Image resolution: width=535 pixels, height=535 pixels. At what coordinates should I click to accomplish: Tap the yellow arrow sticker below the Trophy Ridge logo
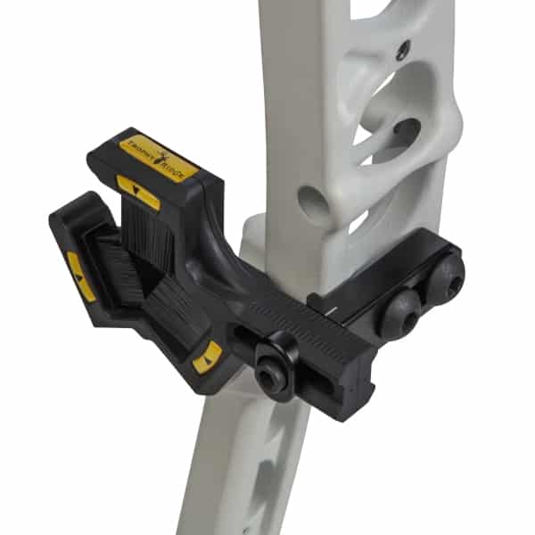point(138,192)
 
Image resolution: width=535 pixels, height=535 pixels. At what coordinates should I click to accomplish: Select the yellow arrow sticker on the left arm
point(81,276)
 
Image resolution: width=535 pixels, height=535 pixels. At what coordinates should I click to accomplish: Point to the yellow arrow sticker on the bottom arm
point(207,357)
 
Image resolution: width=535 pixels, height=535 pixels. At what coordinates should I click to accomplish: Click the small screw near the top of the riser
point(403,50)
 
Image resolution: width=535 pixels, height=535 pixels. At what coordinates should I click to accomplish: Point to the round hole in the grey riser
point(313,203)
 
